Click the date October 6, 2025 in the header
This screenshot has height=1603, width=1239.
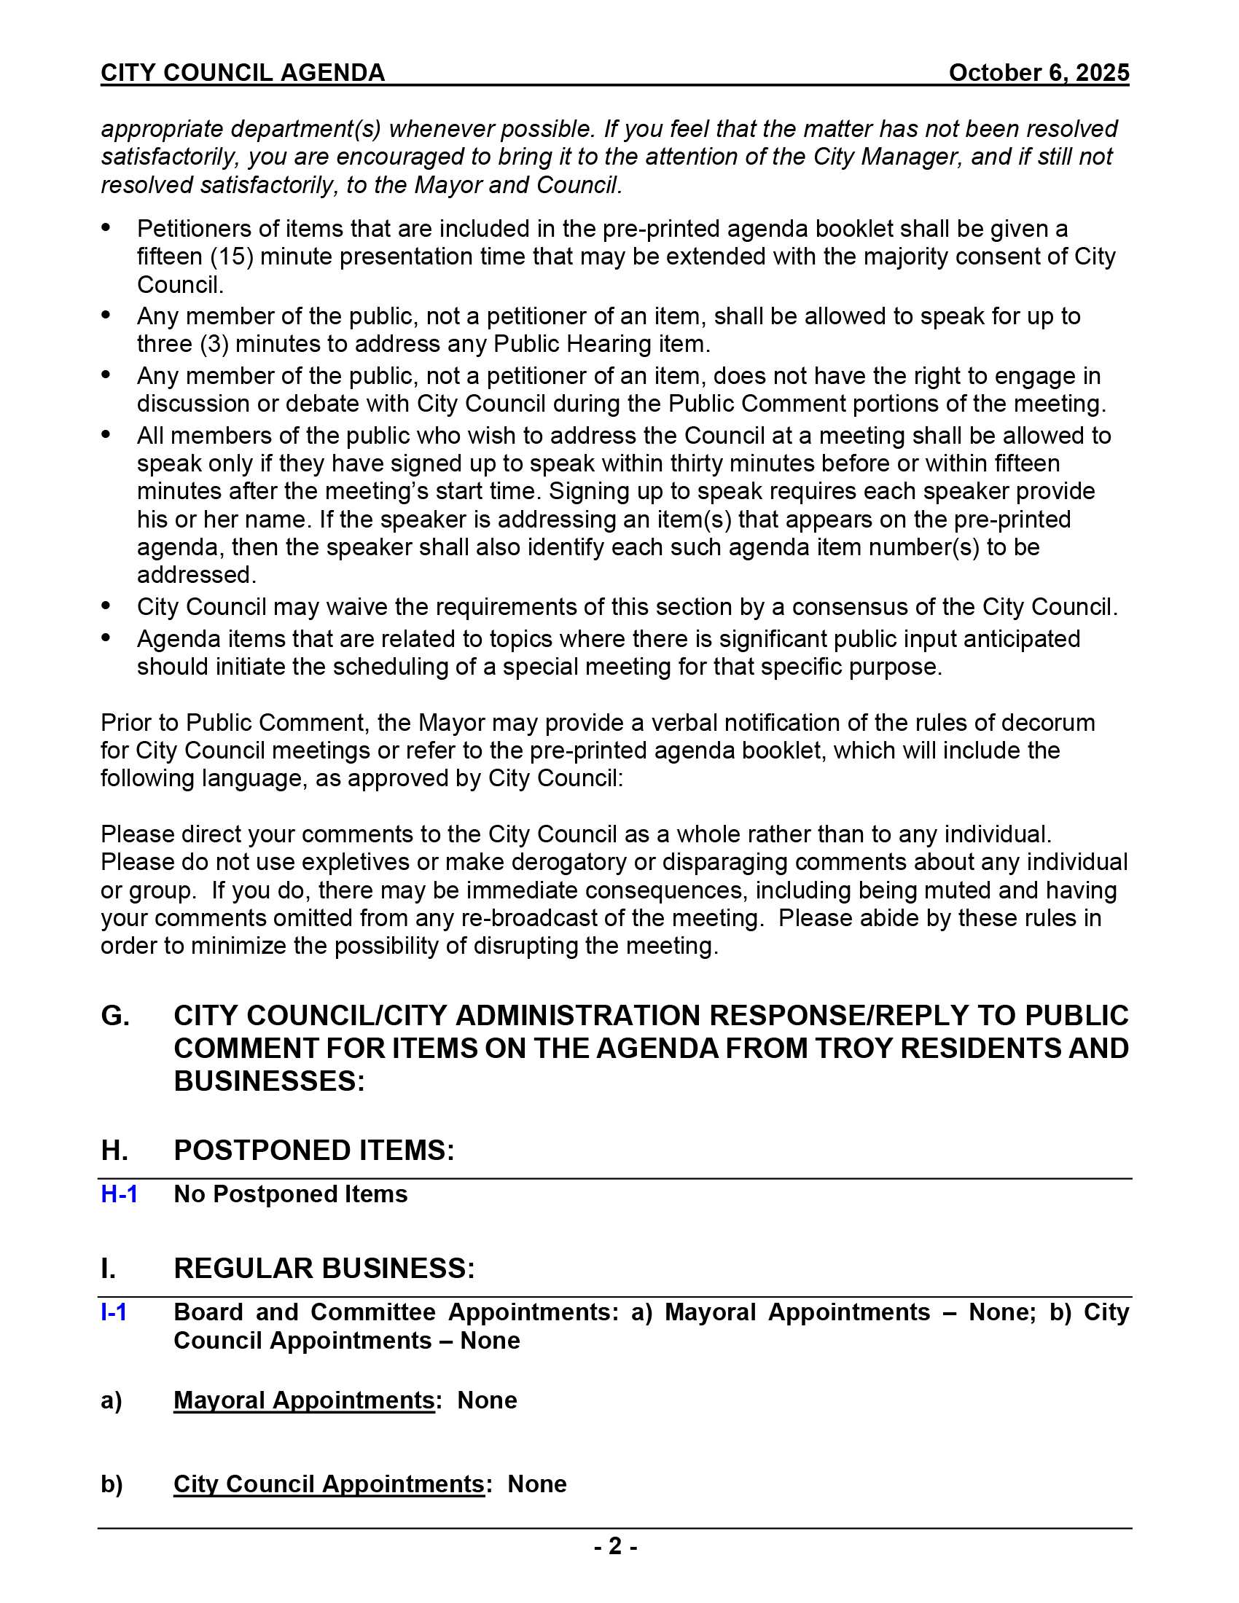[1038, 73]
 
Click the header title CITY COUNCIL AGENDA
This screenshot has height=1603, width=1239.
[243, 73]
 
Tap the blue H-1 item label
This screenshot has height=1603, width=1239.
[119, 1194]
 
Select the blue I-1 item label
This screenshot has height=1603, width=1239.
[114, 1312]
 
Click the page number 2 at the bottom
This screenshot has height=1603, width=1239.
[615, 1546]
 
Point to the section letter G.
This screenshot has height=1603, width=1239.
[115, 1016]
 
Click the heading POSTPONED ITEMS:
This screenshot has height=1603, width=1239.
[314, 1150]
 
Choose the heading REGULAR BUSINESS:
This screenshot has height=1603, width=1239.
[324, 1269]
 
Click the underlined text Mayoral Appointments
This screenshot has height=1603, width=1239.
[304, 1400]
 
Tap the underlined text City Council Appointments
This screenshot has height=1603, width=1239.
[329, 1484]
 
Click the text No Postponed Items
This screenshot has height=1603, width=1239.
[291, 1194]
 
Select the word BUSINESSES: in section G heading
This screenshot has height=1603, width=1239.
[270, 1081]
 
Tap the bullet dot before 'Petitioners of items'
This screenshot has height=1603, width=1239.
[106, 227]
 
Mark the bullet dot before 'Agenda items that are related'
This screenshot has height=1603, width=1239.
[106, 638]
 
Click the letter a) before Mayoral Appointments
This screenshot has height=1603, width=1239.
[111, 1400]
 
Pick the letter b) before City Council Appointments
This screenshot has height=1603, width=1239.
[112, 1484]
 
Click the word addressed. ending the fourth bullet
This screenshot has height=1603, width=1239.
[197, 575]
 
